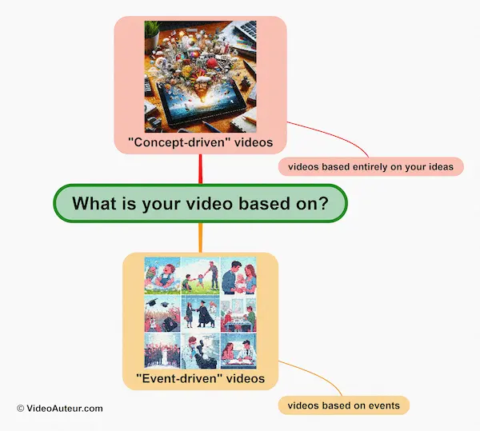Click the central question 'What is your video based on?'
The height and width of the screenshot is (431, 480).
pos(200,203)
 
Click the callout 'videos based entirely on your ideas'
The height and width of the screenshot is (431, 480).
pos(370,166)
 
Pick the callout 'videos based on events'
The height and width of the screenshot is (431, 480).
pos(343,405)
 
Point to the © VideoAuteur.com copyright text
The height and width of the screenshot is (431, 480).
pos(59,408)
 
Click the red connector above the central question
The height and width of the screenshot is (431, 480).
pos(200,169)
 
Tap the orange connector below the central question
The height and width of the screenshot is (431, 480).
pos(200,237)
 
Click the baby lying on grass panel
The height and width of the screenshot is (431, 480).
pos(161,275)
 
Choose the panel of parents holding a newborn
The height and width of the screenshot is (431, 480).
pos(238,275)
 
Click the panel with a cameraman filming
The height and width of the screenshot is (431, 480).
pos(199,353)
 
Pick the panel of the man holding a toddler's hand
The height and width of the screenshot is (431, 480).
pos(199,275)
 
